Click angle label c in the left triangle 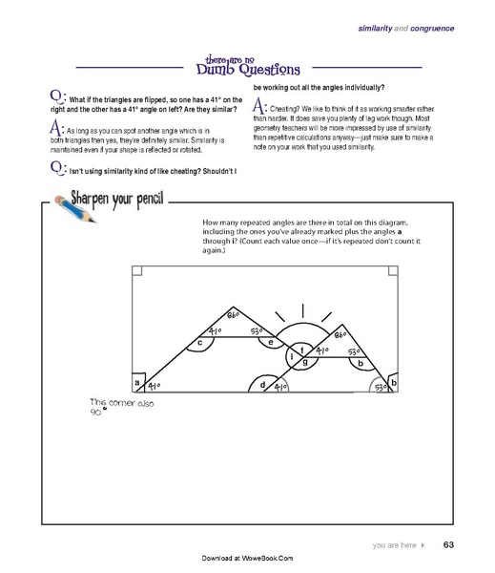click(x=199, y=341)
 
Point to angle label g click(x=304, y=363)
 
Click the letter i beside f click(x=290, y=356)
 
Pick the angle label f click(x=302, y=350)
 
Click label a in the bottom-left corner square click(x=137, y=383)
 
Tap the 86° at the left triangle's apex click(x=234, y=315)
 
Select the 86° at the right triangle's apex click(x=340, y=335)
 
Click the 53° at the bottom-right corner click(x=379, y=387)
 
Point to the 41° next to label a click(x=154, y=385)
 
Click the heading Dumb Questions click(x=247, y=69)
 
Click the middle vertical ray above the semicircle click(x=304, y=312)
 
